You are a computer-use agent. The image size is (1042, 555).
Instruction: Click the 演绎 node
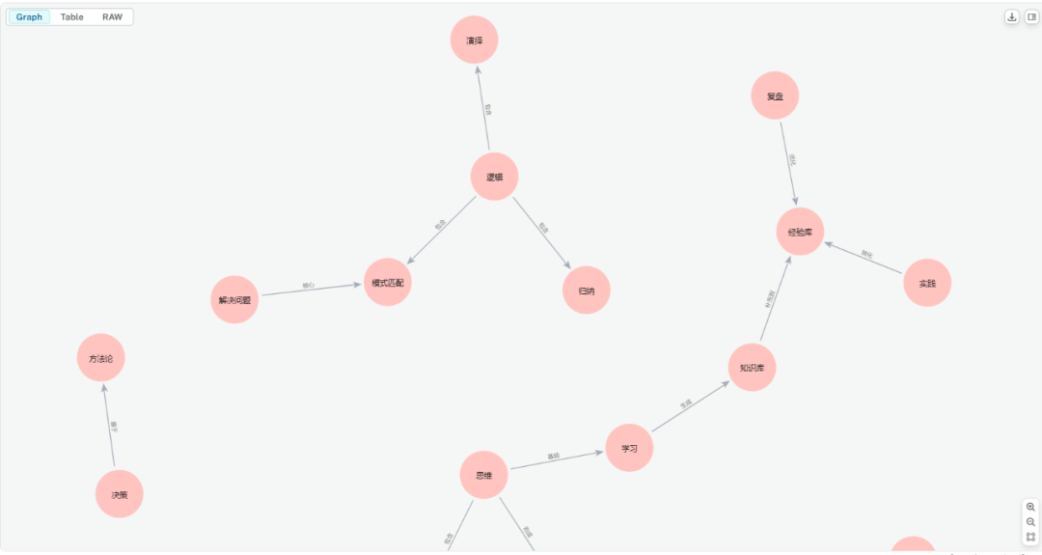(x=474, y=41)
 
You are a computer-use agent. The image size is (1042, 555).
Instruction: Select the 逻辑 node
(x=495, y=177)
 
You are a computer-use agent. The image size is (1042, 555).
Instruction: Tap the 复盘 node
(x=775, y=97)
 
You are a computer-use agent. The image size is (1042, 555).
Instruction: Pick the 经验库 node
(x=800, y=232)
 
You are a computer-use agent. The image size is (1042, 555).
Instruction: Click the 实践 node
(x=927, y=283)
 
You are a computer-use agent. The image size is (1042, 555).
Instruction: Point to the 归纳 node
(x=587, y=290)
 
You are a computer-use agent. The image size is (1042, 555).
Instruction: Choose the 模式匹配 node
(x=387, y=282)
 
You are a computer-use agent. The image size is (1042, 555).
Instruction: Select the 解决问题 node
(x=234, y=300)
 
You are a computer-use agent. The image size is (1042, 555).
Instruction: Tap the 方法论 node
(x=100, y=358)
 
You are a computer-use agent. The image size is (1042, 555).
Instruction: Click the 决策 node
(x=119, y=494)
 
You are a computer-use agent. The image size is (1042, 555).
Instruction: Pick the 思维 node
(x=483, y=475)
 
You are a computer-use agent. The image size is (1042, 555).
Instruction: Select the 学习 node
(x=629, y=448)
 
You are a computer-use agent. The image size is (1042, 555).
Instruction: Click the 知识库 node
(x=752, y=368)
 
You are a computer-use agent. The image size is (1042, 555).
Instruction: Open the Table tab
(x=72, y=17)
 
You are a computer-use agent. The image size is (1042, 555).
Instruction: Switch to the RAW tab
(x=113, y=17)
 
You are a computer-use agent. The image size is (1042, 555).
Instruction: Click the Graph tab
(x=29, y=17)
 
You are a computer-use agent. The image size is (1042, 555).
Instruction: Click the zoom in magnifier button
(x=1030, y=507)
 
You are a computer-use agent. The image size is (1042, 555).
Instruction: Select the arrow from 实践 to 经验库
(x=864, y=258)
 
